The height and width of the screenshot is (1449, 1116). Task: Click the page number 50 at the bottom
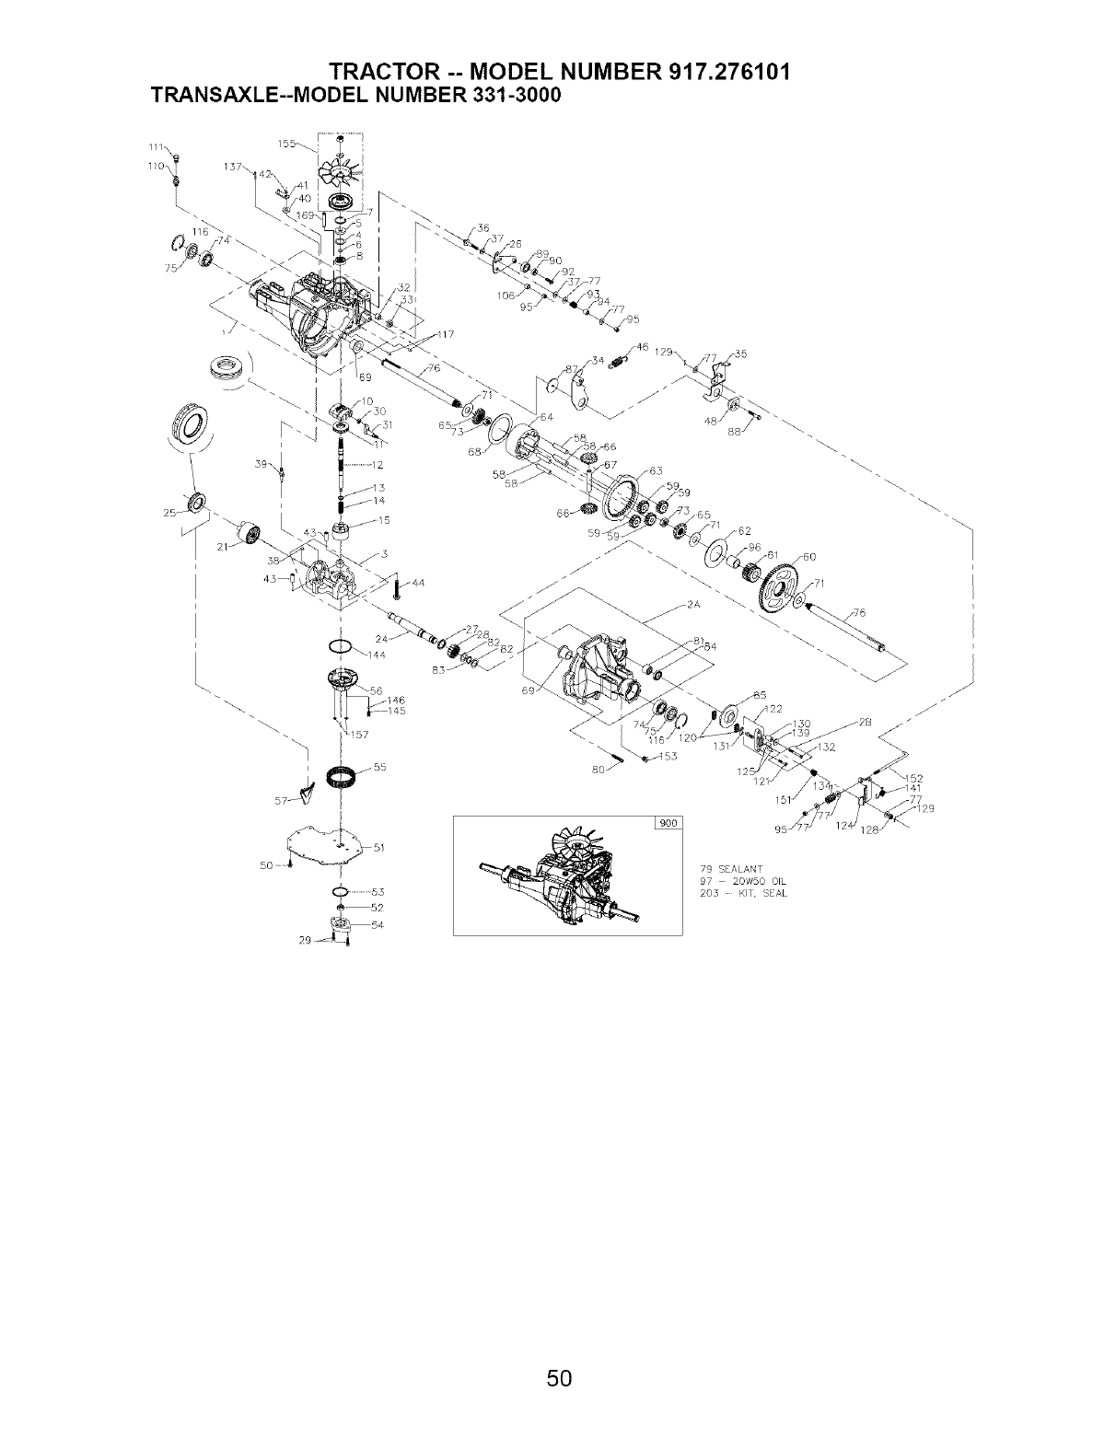click(558, 1377)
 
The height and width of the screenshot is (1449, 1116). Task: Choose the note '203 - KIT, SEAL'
click(744, 894)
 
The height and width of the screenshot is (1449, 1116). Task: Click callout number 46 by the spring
click(643, 347)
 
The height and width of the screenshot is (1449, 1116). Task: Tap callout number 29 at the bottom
click(305, 941)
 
